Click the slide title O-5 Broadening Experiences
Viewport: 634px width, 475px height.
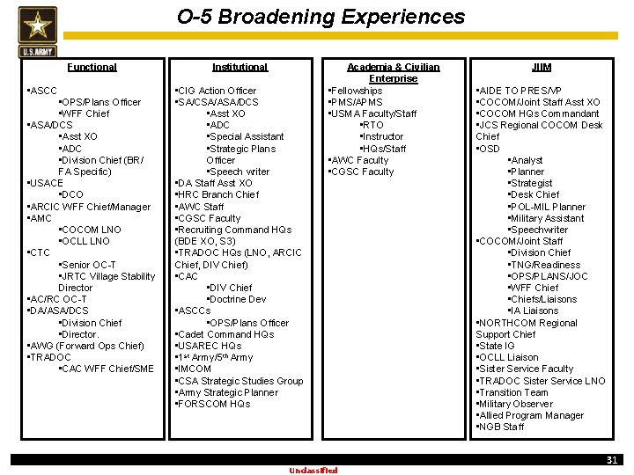tap(321, 17)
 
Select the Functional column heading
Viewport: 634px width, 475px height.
tap(92, 67)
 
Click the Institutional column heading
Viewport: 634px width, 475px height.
tap(240, 67)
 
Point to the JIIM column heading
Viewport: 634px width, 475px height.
tap(542, 67)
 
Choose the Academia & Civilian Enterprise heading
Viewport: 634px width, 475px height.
tap(393, 72)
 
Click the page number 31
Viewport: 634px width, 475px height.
tap(611, 460)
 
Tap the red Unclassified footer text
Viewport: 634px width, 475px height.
tap(313, 471)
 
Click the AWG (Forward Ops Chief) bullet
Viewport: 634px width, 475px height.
tap(86, 346)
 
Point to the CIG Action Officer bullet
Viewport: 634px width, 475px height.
tap(217, 91)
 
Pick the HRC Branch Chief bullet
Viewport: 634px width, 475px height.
tap(217, 194)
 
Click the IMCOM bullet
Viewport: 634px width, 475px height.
tap(195, 369)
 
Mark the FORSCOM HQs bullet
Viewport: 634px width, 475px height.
tap(214, 404)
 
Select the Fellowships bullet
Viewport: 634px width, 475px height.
tap(356, 91)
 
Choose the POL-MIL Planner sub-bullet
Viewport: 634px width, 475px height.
tap(548, 207)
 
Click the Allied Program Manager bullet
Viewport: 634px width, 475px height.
tap(530, 415)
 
